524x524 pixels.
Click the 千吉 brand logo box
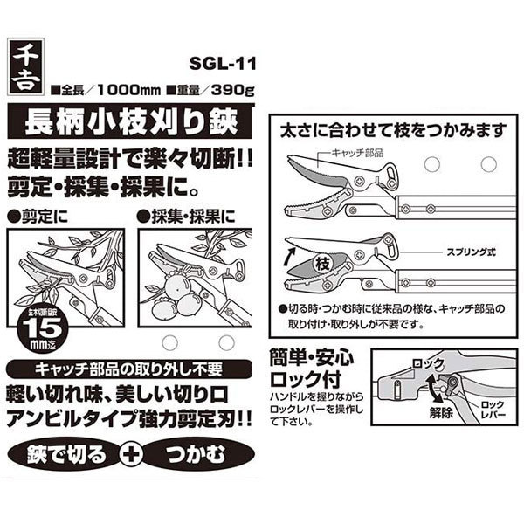pos(25,67)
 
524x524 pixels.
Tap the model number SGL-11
pos(223,63)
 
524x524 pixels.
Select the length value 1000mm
pos(128,90)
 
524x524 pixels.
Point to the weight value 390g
pos(232,90)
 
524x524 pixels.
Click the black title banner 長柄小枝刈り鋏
pos(129,121)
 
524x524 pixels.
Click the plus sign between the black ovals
pos(131,454)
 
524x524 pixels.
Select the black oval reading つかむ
pos(198,454)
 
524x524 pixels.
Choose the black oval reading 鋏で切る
pos(65,454)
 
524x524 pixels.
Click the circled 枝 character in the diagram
pos(322,265)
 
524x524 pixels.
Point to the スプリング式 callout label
pos(472,252)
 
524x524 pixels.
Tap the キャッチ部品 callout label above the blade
pos(357,153)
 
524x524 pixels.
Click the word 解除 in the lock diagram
pos(441,413)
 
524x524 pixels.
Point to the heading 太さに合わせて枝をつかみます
pos(394,131)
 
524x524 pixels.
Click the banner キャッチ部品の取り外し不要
pos(129,369)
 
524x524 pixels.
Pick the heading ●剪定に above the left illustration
pos(38,217)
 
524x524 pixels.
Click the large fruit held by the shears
pos(177,286)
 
